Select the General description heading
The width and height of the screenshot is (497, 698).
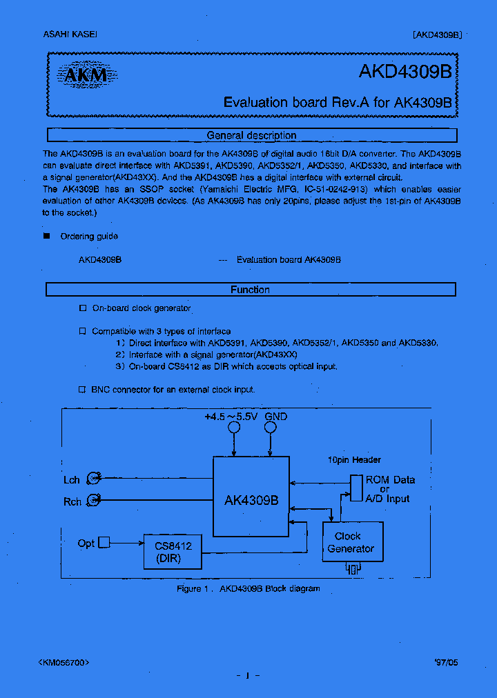pyautogui.click(x=251, y=135)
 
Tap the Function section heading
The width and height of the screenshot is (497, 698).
pyautogui.click(x=250, y=290)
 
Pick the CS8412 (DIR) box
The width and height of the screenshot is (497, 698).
pyautogui.click(x=173, y=551)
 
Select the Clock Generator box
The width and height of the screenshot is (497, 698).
pyautogui.click(x=352, y=542)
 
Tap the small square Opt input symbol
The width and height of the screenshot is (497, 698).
pyautogui.click(x=104, y=543)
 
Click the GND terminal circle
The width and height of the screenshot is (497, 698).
pyautogui.click(x=271, y=428)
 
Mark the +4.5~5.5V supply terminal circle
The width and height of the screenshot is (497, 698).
pyautogui.click(x=234, y=428)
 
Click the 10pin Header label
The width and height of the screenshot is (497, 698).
pyautogui.click(x=354, y=460)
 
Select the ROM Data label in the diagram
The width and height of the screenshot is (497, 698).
pyautogui.click(x=390, y=480)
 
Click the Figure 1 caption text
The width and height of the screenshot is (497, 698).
pyautogui.click(x=248, y=588)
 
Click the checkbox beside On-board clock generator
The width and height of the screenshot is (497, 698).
pyautogui.click(x=82, y=308)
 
